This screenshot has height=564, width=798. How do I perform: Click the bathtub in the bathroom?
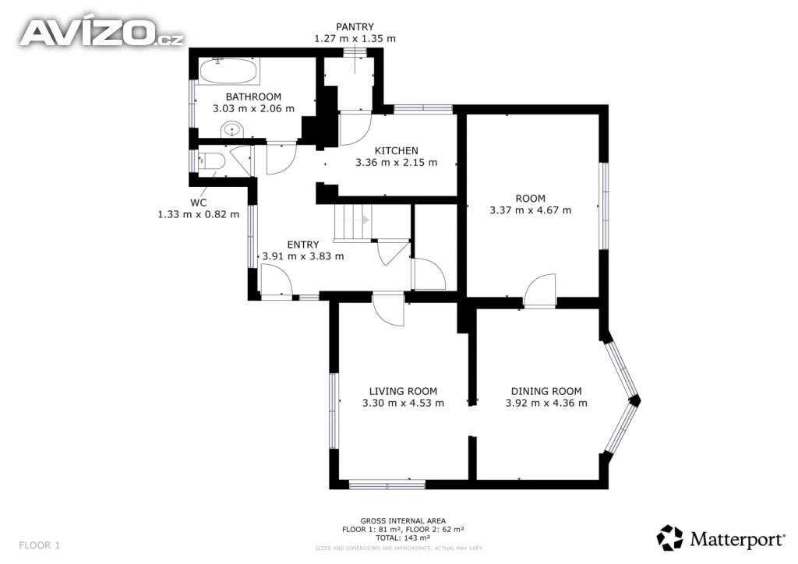(228, 71)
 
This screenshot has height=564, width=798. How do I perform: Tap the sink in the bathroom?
(233, 129)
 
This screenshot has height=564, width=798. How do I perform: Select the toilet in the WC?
(210, 161)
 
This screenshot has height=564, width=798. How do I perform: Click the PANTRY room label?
(355, 26)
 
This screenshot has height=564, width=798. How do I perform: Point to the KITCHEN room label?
(397, 150)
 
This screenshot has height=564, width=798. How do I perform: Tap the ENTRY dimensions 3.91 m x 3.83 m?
(303, 256)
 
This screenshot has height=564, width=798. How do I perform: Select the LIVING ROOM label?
(403, 391)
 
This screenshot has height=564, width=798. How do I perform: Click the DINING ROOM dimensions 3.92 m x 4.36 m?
(546, 403)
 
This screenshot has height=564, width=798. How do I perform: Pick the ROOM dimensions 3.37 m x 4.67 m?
(530, 210)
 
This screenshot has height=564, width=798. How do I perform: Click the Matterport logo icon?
(669, 538)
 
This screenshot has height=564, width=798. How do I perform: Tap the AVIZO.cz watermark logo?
(101, 33)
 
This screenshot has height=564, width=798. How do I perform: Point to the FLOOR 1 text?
(39, 545)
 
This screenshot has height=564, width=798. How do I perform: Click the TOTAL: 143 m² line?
(403, 538)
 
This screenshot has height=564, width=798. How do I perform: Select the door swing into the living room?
(388, 309)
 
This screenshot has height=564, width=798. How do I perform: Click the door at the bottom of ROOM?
(539, 291)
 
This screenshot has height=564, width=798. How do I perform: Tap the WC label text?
(199, 203)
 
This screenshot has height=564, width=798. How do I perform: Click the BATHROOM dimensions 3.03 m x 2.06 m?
(253, 108)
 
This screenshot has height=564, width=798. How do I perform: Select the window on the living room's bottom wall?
(387, 484)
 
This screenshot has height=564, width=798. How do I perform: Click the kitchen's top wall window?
(423, 109)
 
